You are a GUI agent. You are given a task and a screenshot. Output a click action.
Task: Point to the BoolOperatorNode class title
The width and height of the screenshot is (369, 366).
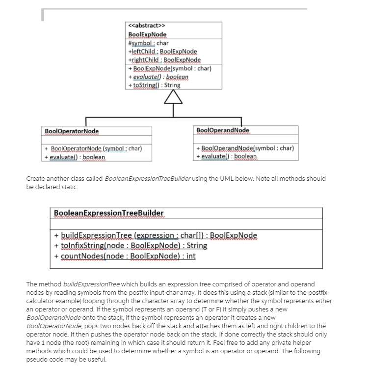(72, 131)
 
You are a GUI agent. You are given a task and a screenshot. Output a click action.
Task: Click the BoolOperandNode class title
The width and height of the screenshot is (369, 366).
(222, 130)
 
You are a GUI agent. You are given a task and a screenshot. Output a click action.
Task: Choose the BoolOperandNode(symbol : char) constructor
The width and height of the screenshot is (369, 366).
(244, 148)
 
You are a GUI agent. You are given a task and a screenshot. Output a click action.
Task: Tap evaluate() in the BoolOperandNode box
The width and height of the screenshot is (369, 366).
(226, 156)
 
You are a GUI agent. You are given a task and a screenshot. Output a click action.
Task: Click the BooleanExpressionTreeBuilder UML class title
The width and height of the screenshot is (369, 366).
(109, 213)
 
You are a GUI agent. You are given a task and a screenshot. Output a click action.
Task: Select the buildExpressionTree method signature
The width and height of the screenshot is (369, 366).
(155, 235)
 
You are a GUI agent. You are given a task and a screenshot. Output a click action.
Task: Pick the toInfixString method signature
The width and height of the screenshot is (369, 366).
(131, 246)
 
